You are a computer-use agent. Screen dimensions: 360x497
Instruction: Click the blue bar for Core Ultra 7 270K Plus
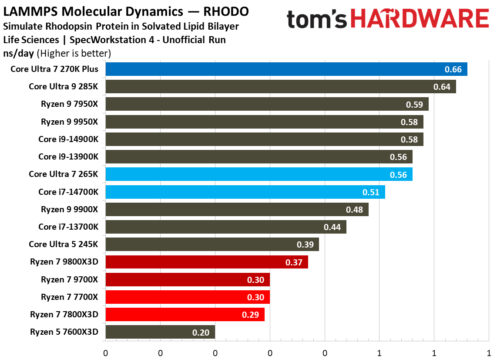click(286, 69)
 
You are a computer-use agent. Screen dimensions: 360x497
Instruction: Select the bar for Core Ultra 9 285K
click(280, 86)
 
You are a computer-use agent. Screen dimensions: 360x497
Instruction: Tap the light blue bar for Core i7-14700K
click(245, 192)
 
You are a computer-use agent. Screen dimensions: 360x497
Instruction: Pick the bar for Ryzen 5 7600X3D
click(160, 332)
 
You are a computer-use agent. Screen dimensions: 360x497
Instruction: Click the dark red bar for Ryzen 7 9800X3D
click(206, 262)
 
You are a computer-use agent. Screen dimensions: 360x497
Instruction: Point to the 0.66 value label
click(453, 69)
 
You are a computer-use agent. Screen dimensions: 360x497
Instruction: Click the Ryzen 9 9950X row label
click(70, 122)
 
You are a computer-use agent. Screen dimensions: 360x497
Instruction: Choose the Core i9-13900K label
click(68, 156)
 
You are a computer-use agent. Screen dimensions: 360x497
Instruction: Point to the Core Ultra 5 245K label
click(64, 244)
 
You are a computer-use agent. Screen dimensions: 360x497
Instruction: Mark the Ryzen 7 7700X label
click(70, 297)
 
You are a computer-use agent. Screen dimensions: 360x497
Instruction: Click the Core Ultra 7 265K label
click(64, 174)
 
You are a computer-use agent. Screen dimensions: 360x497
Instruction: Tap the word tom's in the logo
click(317, 20)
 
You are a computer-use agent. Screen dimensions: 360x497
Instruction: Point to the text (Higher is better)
click(74, 53)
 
